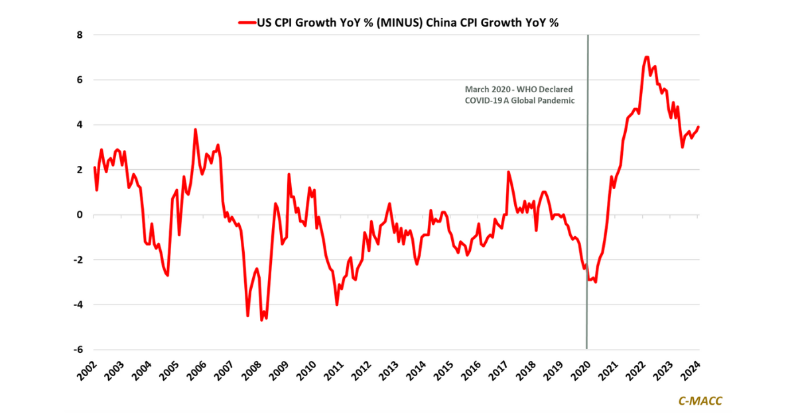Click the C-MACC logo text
700,401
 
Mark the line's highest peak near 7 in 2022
646,57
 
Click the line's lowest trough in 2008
261,320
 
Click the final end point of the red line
698,127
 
